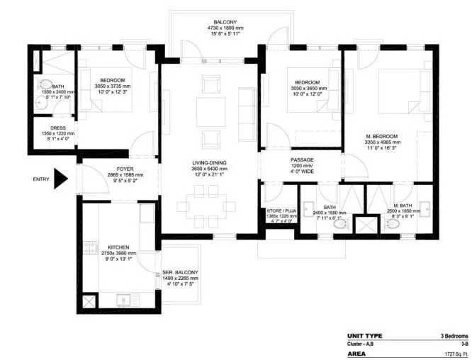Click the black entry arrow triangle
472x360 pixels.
coord(60,179)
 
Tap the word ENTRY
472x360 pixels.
coord(41,179)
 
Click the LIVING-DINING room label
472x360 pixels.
coord(209,162)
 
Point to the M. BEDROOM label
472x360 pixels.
coord(382,136)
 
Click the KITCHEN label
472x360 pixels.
coord(118,247)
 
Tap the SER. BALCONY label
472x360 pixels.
coord(180,272)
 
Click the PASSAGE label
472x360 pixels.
coord(302,159)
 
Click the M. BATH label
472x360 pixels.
coord(400,206)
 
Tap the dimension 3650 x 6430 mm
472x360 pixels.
coord(209,169)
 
